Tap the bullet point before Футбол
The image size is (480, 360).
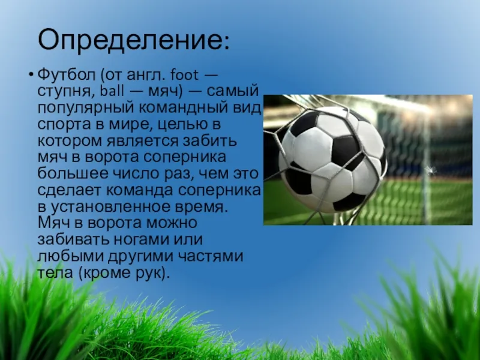[31, 74]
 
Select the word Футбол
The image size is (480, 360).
[67, 76]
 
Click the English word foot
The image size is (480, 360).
[184, 74]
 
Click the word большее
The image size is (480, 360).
[73, 173]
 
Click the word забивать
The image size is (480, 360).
[73, 239]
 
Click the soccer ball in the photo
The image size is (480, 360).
[332, 160]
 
